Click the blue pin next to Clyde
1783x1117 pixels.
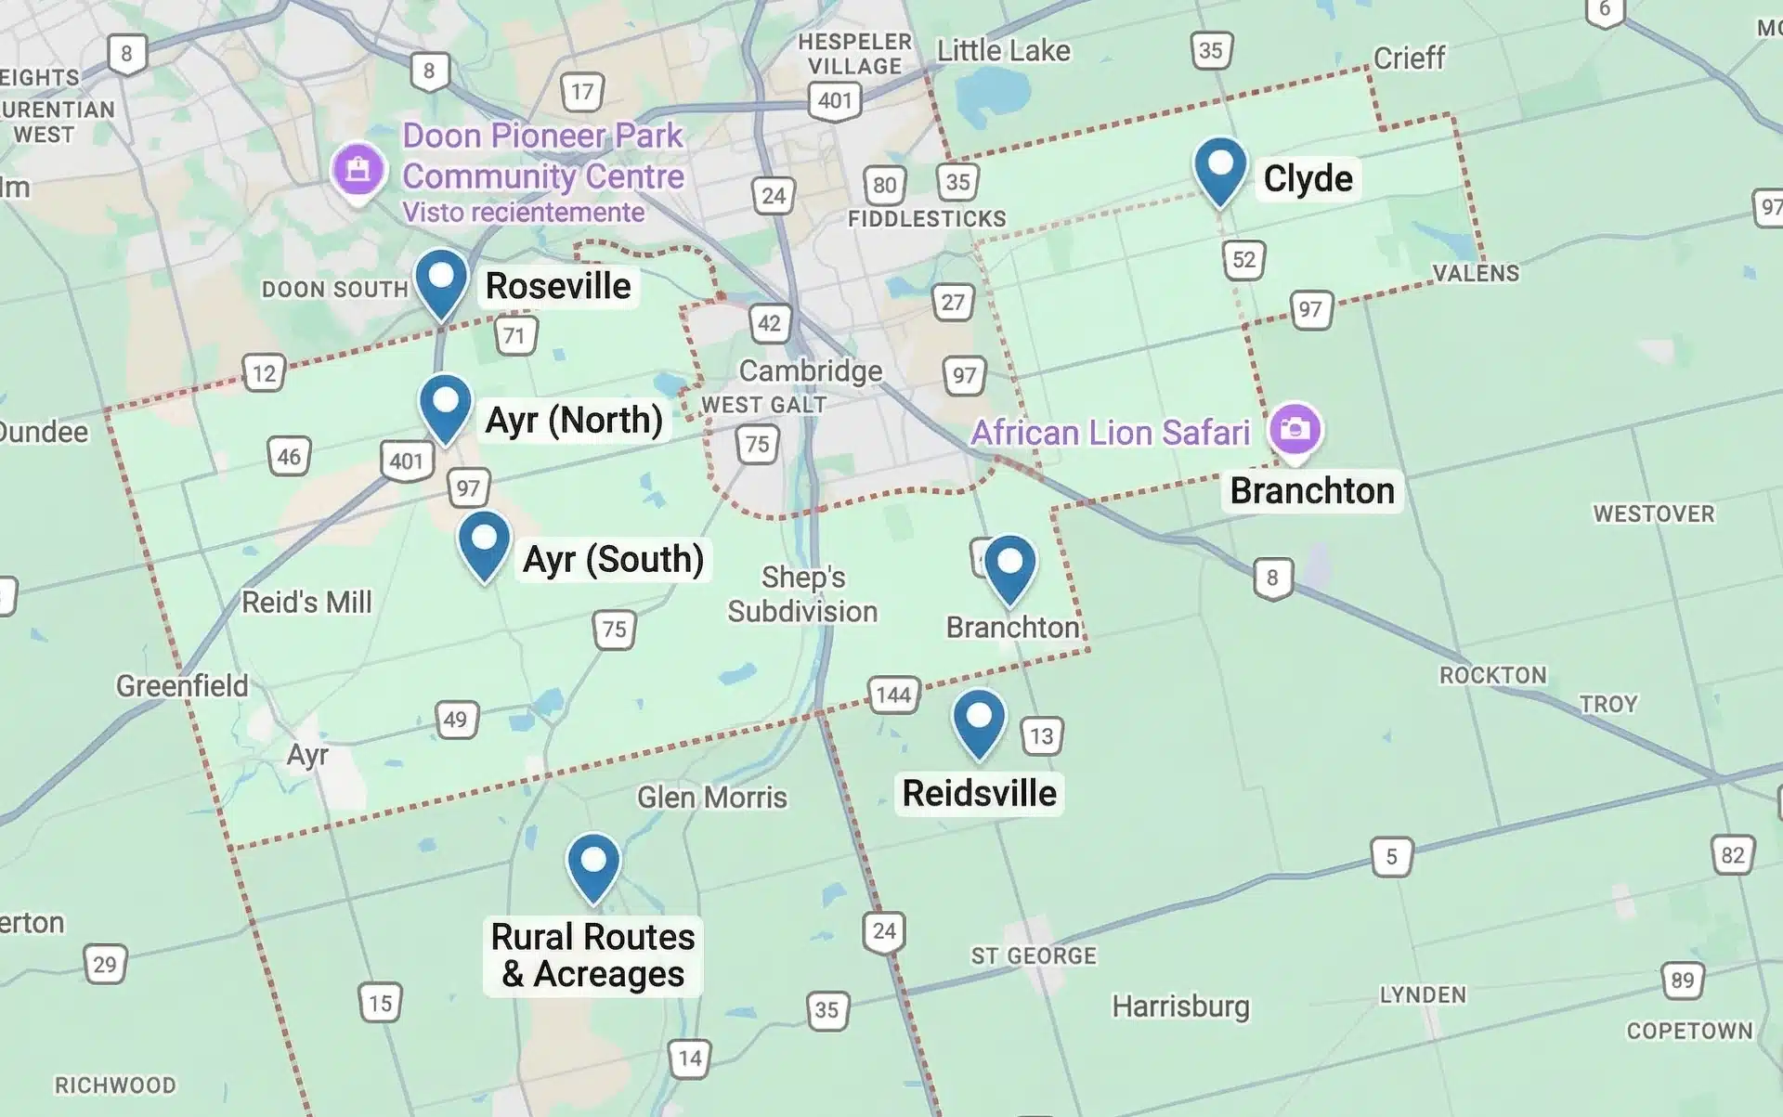coord(1219,170)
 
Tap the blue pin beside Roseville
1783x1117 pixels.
coord(441,280)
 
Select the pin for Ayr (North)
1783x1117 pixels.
coord(446,406)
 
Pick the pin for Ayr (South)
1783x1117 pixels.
coord(484,543)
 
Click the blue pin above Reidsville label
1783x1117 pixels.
coord(979,721)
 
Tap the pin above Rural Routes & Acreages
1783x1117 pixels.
coord(593,865)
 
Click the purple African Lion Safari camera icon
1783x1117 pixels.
coord(1295,429)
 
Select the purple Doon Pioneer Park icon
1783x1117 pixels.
coord(358,170)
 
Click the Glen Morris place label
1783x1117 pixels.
coord(711,798)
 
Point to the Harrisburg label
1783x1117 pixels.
coord(1180,1007)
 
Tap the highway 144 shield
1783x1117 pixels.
coord(893,695)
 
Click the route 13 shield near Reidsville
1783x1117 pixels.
coord(1041,736)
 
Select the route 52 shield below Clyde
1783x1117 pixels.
coord(1243,260)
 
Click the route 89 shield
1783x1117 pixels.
coord(1682,980)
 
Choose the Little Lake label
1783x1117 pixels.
coord(1003,51)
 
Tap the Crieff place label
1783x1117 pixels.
coord(1409,58)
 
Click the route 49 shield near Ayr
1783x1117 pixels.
coord(455,720)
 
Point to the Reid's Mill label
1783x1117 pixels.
coord(306,603)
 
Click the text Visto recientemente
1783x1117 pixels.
coord(523,213)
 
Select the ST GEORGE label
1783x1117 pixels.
coord(1034,956)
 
